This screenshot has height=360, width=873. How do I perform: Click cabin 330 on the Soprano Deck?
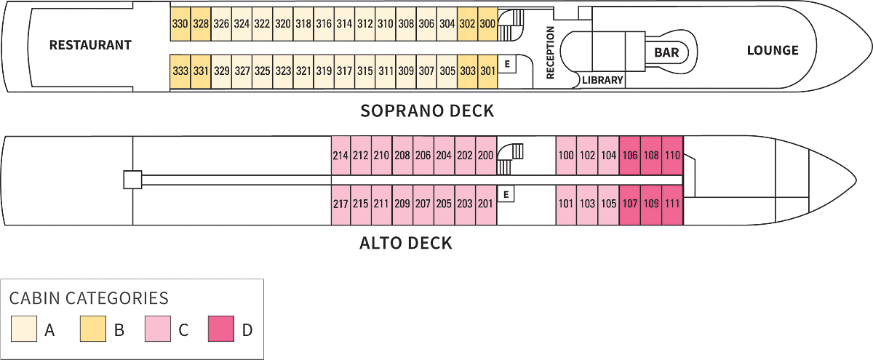pos(180,24)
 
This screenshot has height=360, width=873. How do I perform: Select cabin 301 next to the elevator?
pos(488,71)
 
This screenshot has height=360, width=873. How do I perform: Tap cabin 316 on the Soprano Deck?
pos(324,24)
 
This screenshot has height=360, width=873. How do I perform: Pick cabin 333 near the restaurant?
pos(180,71)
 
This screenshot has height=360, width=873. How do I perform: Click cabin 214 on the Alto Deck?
pos(340,155)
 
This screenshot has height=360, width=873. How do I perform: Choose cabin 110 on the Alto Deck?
pos(672,155)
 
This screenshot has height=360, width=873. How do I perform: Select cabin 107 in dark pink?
pos(630,204)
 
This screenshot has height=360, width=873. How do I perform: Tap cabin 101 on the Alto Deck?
pos(566,204)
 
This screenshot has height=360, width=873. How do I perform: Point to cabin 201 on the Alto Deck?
pos(485,204)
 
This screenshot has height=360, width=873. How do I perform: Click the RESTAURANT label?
pos(90,45)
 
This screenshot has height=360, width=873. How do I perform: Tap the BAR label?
pos(666,52)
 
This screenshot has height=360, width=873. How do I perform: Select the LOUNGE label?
pos(773,50)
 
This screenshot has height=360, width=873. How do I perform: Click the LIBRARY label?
pos(602,80)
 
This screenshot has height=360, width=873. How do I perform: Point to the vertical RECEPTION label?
pos(550,52)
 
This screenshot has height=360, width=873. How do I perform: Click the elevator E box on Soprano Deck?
pos(507,64)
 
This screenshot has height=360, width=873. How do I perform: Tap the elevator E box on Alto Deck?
pos(507,194)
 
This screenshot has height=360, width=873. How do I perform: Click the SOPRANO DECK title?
pos(427,111)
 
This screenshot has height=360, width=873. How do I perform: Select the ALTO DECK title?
pos(406,243)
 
